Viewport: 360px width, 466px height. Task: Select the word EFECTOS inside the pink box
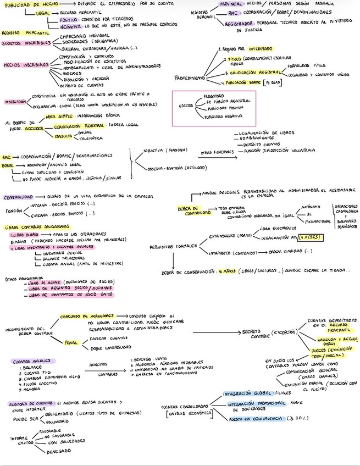[186, 106]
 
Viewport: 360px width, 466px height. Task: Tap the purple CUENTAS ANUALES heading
[30, 360]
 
